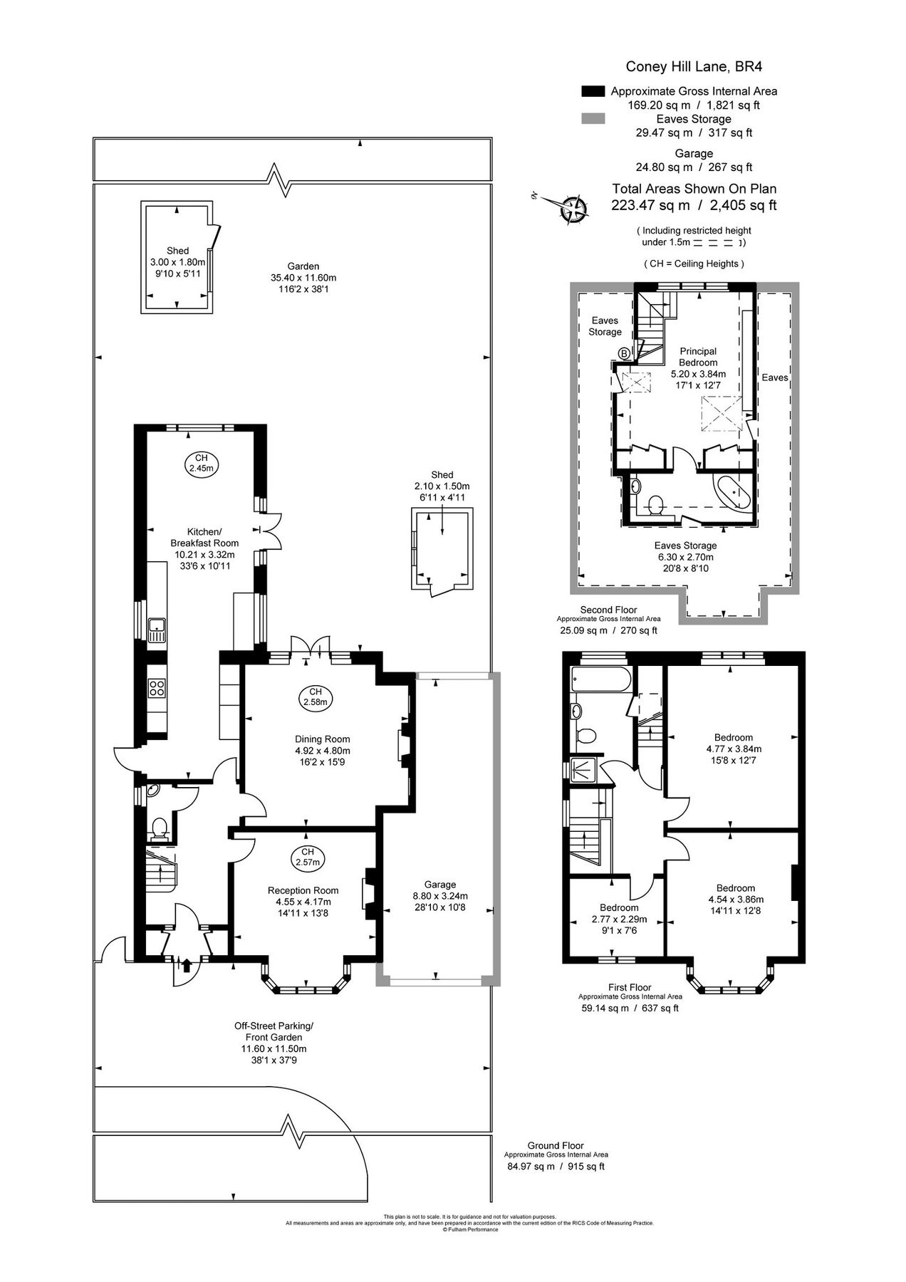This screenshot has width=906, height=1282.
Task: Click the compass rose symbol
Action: point(573,209)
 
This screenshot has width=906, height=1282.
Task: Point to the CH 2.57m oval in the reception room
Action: point(307,857)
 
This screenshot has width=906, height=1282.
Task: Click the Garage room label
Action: point(439,896)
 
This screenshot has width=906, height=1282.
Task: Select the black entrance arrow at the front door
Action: point(187,966)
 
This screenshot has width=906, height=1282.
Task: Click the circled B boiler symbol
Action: point(625,353)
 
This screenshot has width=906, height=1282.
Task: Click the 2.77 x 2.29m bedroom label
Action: point(618,919)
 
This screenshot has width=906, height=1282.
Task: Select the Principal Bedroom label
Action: point(698,362)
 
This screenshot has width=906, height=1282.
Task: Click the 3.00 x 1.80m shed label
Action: point(177,262)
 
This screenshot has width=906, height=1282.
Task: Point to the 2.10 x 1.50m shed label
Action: point(442,486)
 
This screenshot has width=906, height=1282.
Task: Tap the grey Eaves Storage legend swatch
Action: point(593,119)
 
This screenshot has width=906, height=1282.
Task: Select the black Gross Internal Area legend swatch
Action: point(593,91)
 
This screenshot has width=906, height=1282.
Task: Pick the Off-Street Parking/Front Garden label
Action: point(274,1043)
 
